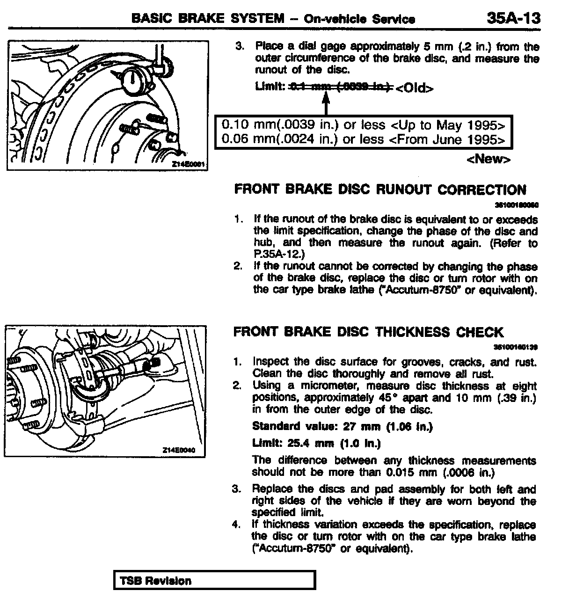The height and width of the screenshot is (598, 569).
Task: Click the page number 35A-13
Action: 513,18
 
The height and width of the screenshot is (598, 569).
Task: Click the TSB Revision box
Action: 214,581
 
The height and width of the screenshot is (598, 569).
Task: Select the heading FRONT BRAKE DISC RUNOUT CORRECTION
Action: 380,190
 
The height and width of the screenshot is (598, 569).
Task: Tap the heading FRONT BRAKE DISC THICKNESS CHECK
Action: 368,332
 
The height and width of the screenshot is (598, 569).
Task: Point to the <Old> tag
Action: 414,88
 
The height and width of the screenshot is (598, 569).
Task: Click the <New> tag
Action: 488,159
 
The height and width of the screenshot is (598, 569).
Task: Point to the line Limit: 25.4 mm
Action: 316,443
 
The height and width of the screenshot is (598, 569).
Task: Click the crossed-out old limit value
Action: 341,87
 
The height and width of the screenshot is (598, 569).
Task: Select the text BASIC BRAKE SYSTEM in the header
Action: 208,18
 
